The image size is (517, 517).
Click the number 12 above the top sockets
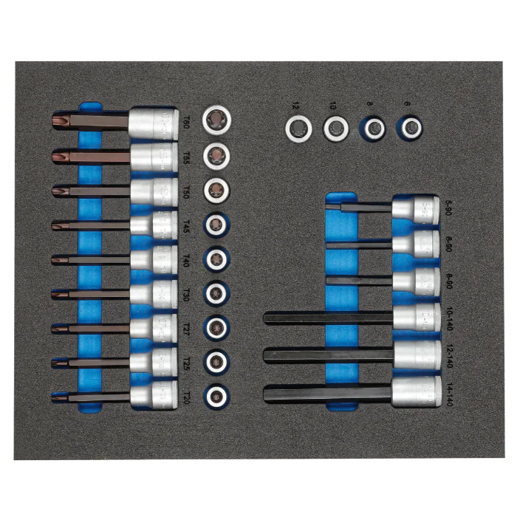click(x=298, y=105)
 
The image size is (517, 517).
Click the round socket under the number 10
click(x=336, y=129)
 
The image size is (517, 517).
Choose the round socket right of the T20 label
click(x=216, y=394)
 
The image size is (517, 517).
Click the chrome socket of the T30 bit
click(x=154, y=293)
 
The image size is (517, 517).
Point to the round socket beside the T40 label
click(x=216, y=258)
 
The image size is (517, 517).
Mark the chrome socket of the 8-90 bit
click(x=416, y=281)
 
